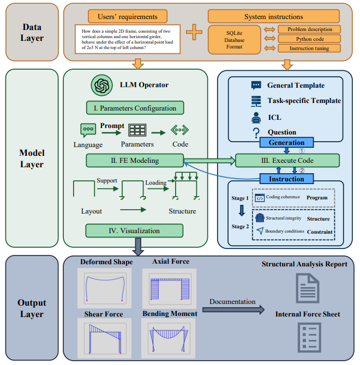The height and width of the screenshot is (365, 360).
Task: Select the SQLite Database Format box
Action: coord(235,39)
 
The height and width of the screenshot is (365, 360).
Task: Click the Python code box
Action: coord(309,39)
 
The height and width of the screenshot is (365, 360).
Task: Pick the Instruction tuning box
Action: coord(309,48)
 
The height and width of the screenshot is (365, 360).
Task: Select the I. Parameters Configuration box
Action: coord(135,107)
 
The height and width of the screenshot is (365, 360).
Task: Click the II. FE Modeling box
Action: coord(135,160)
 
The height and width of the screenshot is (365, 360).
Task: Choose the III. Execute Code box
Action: coord(287,160)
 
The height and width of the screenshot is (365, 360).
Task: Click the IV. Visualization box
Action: coord(134,230)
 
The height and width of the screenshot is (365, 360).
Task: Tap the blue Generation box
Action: coord(286,143)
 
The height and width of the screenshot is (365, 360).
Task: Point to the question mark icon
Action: coord(256,132)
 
